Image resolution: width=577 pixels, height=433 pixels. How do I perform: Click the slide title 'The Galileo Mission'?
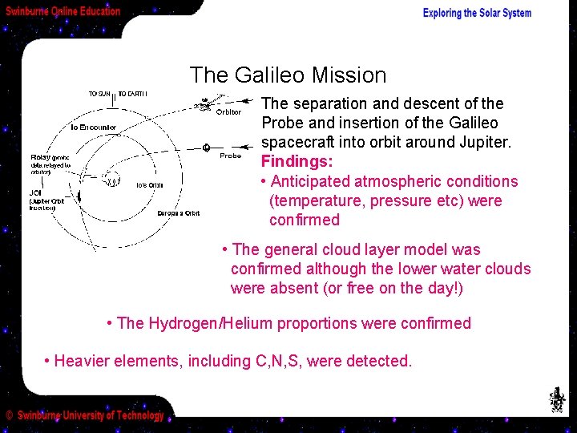288,75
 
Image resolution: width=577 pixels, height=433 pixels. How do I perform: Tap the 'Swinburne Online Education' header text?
63,11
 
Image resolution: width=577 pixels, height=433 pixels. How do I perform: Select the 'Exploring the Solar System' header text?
477,13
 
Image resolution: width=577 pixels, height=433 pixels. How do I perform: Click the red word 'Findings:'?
295,161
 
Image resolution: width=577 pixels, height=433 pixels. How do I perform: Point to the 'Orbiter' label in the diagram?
228,112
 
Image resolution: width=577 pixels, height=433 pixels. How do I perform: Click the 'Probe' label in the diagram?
230,156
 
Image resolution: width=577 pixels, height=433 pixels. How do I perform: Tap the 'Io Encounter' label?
94,127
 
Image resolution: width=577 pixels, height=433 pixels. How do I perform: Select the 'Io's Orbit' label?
150,185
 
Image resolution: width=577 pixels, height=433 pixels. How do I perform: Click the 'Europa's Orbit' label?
178,213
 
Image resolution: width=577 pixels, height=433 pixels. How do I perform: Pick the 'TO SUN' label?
100,94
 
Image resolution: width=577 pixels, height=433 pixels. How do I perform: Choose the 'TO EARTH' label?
134,94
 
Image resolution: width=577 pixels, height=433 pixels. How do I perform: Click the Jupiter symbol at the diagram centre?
113,180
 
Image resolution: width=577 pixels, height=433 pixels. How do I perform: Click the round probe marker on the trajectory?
206,148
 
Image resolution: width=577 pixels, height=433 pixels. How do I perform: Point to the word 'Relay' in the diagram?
40,157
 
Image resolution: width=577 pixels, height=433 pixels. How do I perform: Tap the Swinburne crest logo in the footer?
555,399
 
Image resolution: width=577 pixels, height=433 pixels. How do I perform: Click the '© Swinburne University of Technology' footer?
85,415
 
